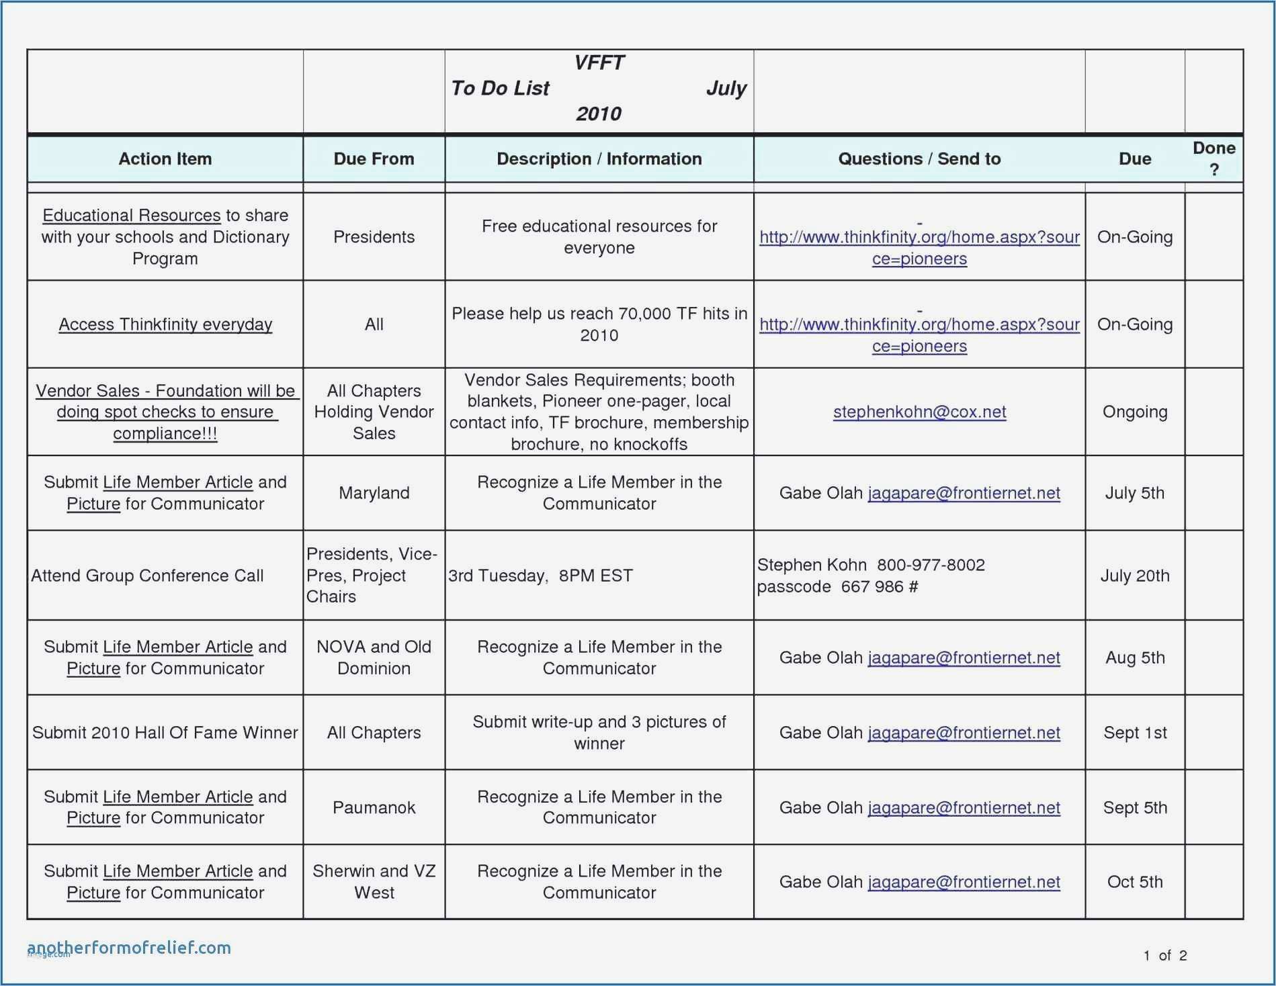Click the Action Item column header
tap(165, 159)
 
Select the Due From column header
tap(374, 159)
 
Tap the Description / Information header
tap(599, 159)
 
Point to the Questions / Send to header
tap(919, 159)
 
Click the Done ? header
tap(1214, 159)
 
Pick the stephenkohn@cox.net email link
tap(919, 412)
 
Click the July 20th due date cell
tap(1134, 576)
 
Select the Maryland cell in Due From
tap(374, 493)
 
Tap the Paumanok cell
tap(374, 807)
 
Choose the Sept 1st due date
tap(1134, 733)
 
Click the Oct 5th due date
tap(1134, 882)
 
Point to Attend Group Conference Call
tap(147, 576)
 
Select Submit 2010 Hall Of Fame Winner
tap(165, 733)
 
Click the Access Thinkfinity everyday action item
tap(165, 324)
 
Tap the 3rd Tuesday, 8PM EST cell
tap(540, 576)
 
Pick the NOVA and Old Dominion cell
tap(374, 658)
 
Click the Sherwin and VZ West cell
tap(374, 882)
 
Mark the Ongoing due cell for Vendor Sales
tap(1134, 412)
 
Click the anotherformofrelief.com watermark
tap(129, 948)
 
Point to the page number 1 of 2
tap(1165, 955)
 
